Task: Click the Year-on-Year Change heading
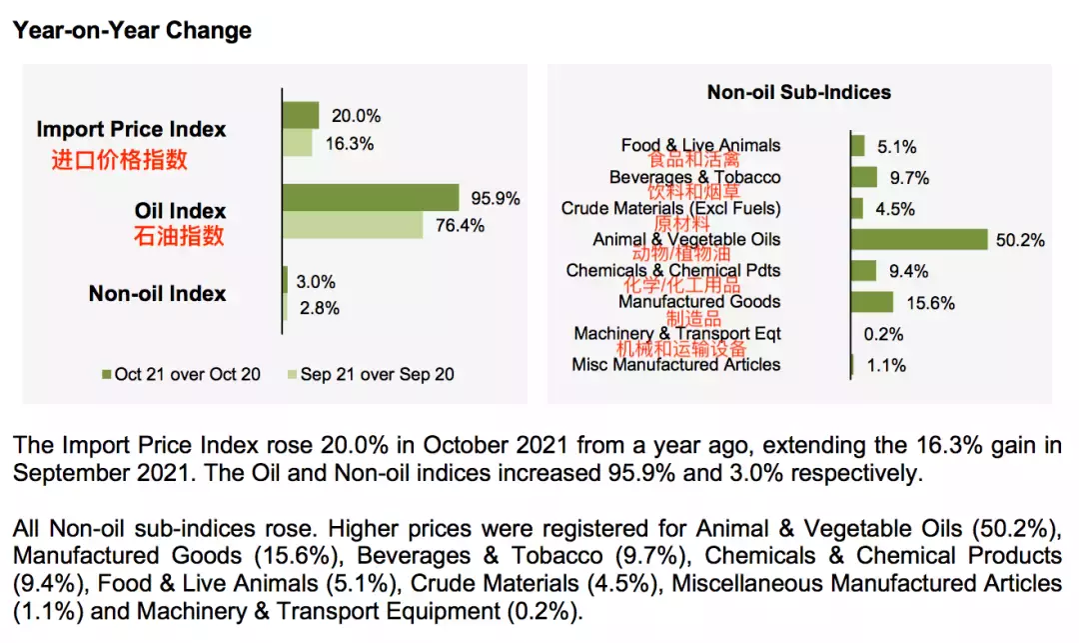[132, 30]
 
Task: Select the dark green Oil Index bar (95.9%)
[371, 197]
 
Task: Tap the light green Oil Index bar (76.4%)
[354, 225]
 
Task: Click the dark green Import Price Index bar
[301, 115]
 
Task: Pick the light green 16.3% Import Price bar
[298, 143]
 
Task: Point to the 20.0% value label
[349, 116]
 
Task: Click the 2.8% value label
[320, 308]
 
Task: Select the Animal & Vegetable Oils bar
[918, 239]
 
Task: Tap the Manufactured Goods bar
[871, 302]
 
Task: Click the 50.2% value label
[1020, 240]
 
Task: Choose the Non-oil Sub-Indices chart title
[798, 92]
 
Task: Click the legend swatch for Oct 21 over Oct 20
[106, 374]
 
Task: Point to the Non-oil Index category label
[157, 293]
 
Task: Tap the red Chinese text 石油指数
[179, 236]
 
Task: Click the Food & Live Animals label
[700, 145]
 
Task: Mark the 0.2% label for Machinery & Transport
[884, 334]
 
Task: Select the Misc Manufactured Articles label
[675, 365]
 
